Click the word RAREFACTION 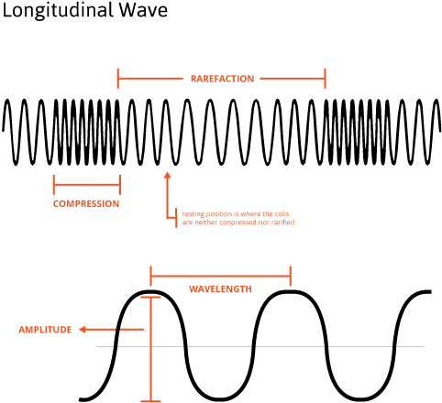[222, 79]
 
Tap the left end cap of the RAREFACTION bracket [118, 79]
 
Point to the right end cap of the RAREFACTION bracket [326, 79]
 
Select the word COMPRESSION [86, 203]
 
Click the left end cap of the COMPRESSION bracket [54, 183]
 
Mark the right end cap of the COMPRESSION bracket [120, 183]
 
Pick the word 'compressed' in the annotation [239, 222]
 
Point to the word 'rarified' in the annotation [282, 222]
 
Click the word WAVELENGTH [220, 288]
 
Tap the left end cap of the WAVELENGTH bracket [151, 275]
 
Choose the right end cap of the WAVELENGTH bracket [290, 275]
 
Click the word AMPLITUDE [46, 329]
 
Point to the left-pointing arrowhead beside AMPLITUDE [83, 329]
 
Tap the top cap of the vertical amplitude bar [149, 298]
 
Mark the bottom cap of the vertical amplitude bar [149, 400]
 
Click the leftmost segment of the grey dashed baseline [105, 347]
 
